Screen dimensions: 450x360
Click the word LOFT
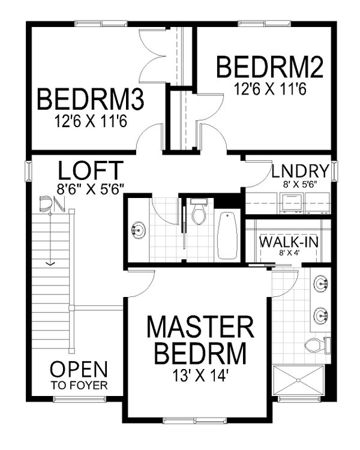(x=91, y=169)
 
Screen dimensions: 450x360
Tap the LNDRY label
(x=299, y=170)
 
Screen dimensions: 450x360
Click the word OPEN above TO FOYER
(x=79, y=369)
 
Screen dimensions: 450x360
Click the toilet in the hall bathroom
(x=198, y=213)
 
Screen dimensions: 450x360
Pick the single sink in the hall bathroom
(x=137, y=229)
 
